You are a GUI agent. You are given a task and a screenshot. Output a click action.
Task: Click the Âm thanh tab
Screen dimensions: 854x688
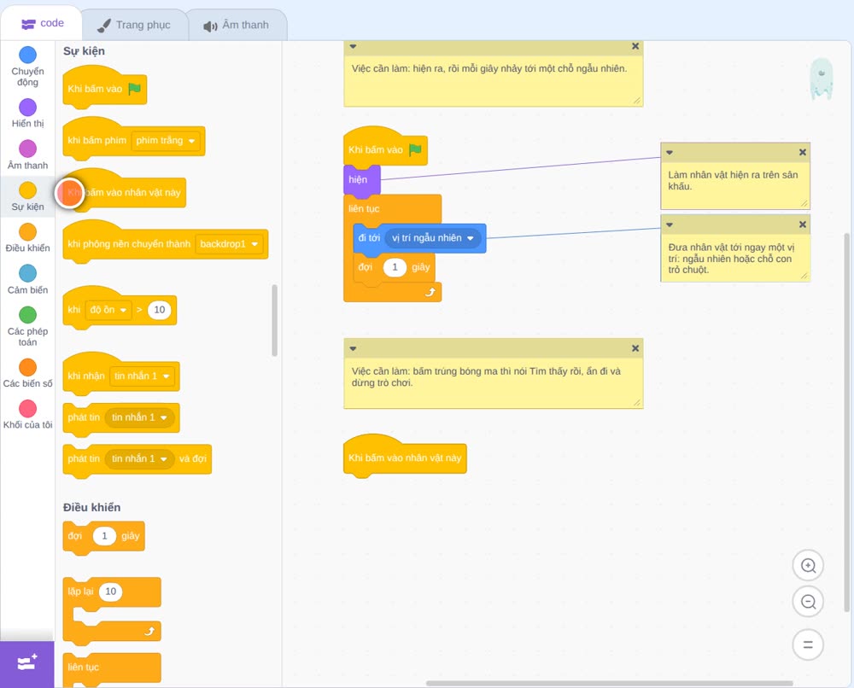(237, 25)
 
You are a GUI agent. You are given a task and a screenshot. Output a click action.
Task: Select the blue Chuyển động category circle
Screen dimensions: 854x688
(28, 55)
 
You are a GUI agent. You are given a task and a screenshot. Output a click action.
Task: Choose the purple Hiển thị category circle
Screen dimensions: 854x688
(28, 108)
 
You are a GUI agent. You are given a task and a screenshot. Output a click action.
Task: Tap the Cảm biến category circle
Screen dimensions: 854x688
(28, 273)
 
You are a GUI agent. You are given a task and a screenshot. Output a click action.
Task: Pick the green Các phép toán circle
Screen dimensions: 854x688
(28, 315)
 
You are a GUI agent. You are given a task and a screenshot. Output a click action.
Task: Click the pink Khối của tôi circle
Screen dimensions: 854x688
(28, 408)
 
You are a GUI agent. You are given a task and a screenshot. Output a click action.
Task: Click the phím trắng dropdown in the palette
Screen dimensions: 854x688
(165, 141)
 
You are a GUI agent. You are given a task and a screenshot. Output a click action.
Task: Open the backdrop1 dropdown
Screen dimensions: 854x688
(229, 244)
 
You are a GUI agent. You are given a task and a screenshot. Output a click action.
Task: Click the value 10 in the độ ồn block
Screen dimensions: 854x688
(160, 310)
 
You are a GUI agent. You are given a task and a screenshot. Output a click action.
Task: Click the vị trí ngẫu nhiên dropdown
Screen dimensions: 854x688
(432, 238)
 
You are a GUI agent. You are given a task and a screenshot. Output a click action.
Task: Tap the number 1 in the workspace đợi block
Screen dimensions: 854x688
(395, 267)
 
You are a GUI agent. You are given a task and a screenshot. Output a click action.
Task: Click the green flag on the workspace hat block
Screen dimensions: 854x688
(416, 149)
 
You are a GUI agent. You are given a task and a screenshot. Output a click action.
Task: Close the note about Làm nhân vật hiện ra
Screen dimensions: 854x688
(802, 153)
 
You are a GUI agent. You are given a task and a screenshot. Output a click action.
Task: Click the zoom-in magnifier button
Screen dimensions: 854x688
(808, 566)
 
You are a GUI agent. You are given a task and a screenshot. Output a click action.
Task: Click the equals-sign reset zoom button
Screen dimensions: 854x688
(808, 645)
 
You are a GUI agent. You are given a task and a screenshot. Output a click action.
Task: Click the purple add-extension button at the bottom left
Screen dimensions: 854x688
(27, 663)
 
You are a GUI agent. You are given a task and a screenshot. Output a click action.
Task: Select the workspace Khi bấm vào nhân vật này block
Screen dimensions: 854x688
(405, 458)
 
